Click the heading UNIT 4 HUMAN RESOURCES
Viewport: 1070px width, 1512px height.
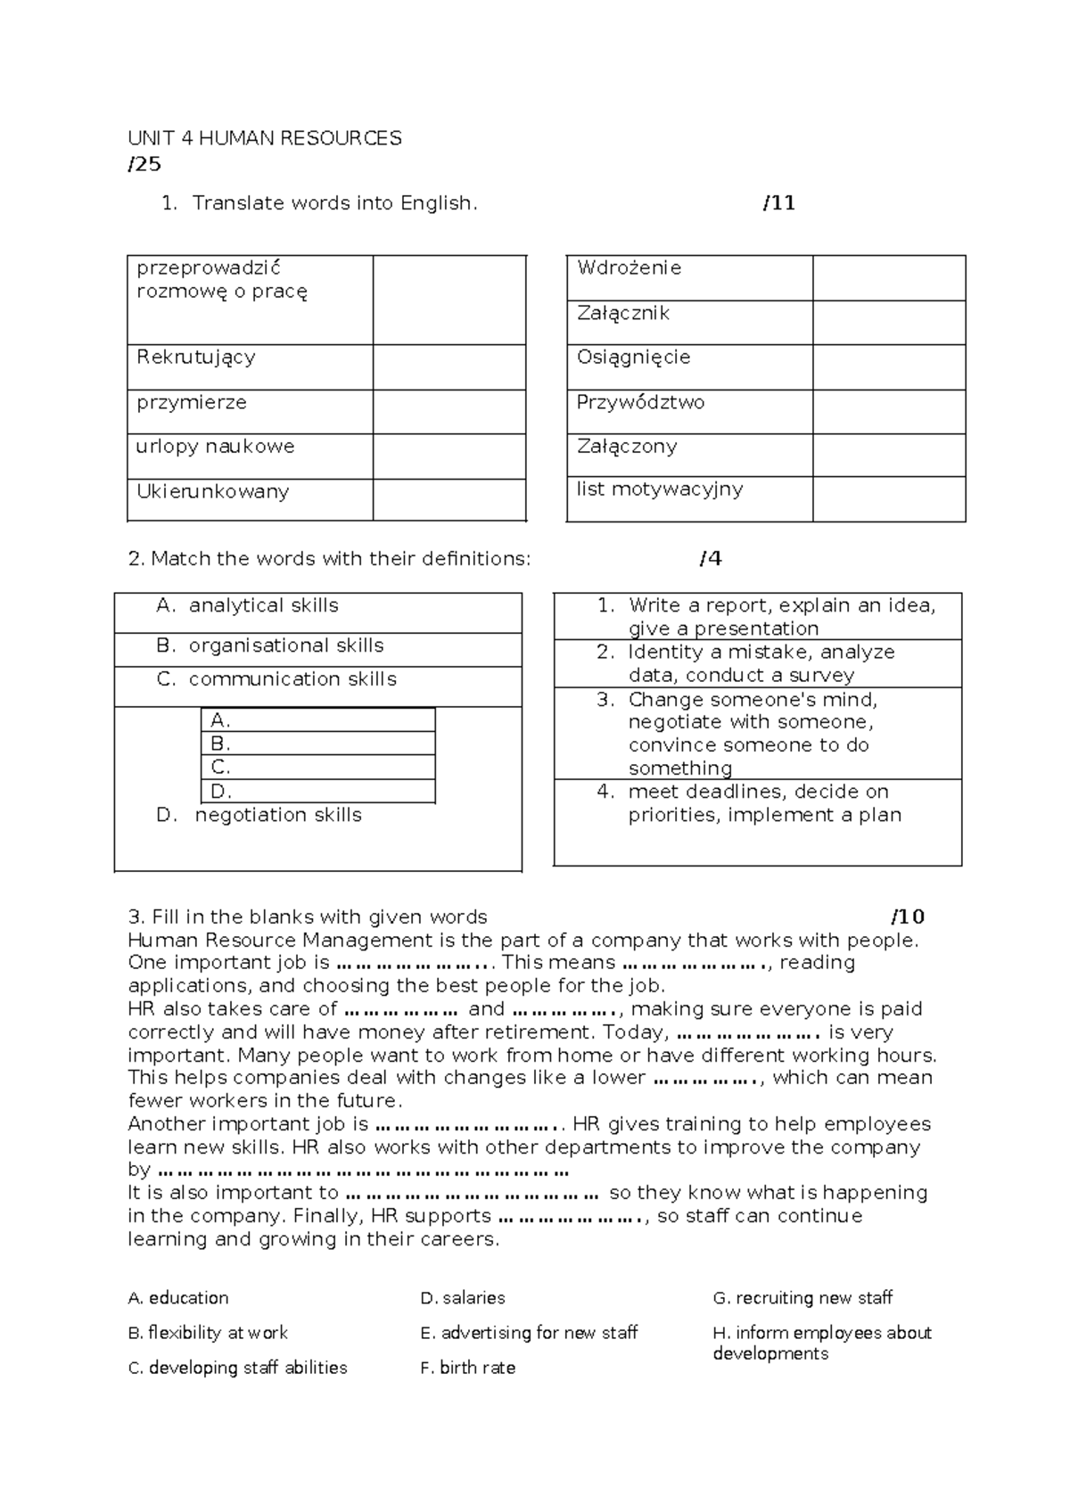click(264, 138)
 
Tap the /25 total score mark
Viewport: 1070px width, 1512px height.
click(144, 164)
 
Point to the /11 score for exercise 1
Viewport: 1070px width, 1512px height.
click(779, 203)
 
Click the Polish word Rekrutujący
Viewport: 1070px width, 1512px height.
click(196, 357)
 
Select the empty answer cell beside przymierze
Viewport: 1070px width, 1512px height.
click(449, 412)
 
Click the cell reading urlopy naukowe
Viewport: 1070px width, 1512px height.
click(215, 447)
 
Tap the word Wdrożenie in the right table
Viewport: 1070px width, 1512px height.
click(630, 268)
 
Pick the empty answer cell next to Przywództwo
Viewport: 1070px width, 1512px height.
click(888, 412)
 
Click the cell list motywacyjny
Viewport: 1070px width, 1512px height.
click(660, 489)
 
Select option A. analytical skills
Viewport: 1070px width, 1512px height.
click(247, 605)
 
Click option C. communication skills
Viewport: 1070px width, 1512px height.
click(276, 679)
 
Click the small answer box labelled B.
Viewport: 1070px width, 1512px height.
click(317, 744)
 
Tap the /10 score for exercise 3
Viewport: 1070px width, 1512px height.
click(908, 916)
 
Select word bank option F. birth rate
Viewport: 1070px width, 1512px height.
click(467, 1368)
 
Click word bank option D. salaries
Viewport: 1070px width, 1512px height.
click(462, 1298)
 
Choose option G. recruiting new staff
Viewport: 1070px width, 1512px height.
click(802, 1298)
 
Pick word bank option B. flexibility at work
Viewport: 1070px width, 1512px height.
click(208, 1333)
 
